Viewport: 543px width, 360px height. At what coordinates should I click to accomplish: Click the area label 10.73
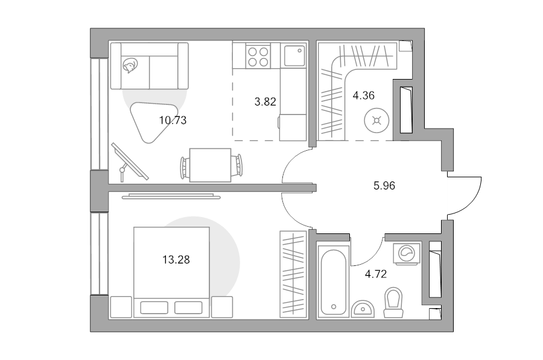[x=173, y=120]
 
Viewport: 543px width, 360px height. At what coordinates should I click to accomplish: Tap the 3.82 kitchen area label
[x=265, y=102]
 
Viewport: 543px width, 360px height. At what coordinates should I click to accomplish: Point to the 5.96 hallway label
[x=384, y=186]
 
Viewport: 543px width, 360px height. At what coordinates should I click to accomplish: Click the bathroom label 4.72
[x=376, y=274]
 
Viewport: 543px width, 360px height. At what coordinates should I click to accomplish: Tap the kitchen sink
[x=294, y=57]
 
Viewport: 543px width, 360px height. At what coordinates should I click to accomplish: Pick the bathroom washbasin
[x=363, y=309]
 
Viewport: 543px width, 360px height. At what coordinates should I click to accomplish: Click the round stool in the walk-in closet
[x=377, y=121]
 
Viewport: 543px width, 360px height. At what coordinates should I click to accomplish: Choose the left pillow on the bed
[x=154, y=308]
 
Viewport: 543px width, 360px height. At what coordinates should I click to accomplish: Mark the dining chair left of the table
[x=185, y=165]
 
